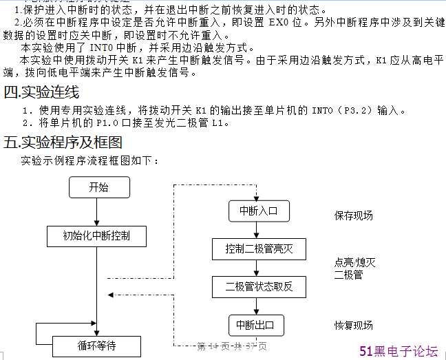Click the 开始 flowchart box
click(x=99, y=188)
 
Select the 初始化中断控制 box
click(x=97, y=236)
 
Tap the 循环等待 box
click(x=96, y=346)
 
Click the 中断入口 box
click(x=257, y=211)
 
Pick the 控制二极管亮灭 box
click(x=259, y=249)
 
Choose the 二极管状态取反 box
click(x=259, y=286)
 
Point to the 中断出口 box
click(x=255, y=326)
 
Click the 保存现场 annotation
click(x=354, y=215)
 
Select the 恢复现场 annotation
click(x=354, y=326)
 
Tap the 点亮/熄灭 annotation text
click(x=354, y=262)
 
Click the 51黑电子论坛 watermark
click(x=399, y=351)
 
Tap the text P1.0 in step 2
click(x=107, y=124)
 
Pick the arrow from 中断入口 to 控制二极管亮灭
click(x=257, y=231)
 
